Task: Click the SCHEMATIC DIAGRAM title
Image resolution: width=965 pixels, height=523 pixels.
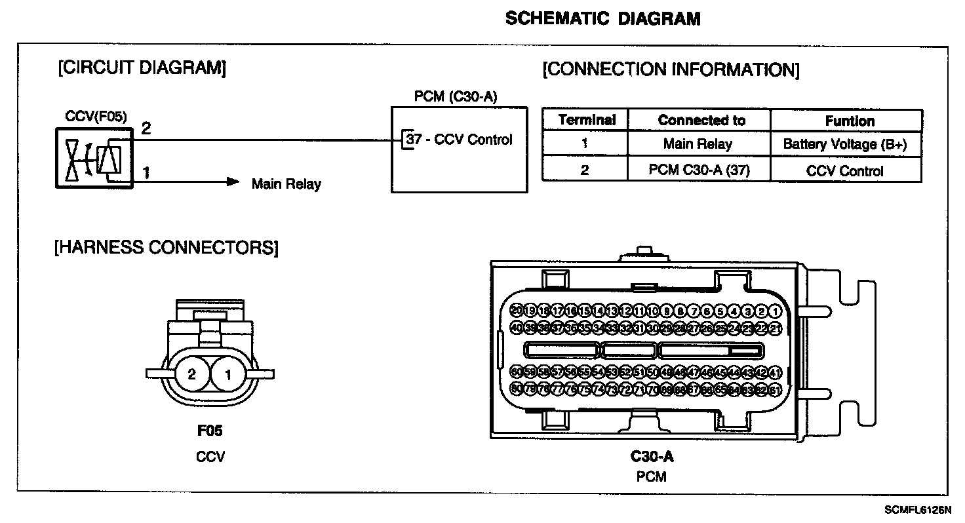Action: (x=602, y=19)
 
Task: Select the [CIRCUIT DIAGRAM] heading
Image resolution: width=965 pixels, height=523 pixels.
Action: (x=142, y=68)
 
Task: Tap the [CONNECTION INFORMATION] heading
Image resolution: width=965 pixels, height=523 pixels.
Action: (x=671, y=70)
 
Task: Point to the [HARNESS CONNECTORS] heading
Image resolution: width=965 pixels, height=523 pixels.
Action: (x=167, y=248)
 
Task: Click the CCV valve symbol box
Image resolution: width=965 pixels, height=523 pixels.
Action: (x=94, y=158)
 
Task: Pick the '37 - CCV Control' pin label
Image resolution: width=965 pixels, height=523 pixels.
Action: (x=460, y=140)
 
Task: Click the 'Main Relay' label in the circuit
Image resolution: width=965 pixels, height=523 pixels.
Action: (x=286, y=184)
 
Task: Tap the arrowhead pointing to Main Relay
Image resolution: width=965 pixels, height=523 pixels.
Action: (x=233, y=182)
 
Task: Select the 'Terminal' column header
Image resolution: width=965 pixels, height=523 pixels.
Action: (x=585, y=121)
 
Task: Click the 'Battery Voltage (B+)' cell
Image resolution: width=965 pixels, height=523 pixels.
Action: (x=846, y=145)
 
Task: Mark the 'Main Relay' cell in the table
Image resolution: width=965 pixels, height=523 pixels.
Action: (x=698, y=145)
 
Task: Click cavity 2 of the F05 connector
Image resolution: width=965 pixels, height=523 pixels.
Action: (x=191, y=374)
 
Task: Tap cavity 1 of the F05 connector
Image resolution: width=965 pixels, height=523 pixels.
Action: (x=228, y=374)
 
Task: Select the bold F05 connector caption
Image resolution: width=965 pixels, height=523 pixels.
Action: (x=210, y=431)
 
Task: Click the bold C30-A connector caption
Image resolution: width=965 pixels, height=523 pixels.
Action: (x=652, y=457)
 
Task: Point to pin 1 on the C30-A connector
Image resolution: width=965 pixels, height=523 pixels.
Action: (x=776, y=311)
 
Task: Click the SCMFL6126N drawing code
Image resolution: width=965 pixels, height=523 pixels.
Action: (x=917, y=509)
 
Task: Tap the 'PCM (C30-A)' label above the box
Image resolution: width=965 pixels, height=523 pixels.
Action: (x=456, y=97)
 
